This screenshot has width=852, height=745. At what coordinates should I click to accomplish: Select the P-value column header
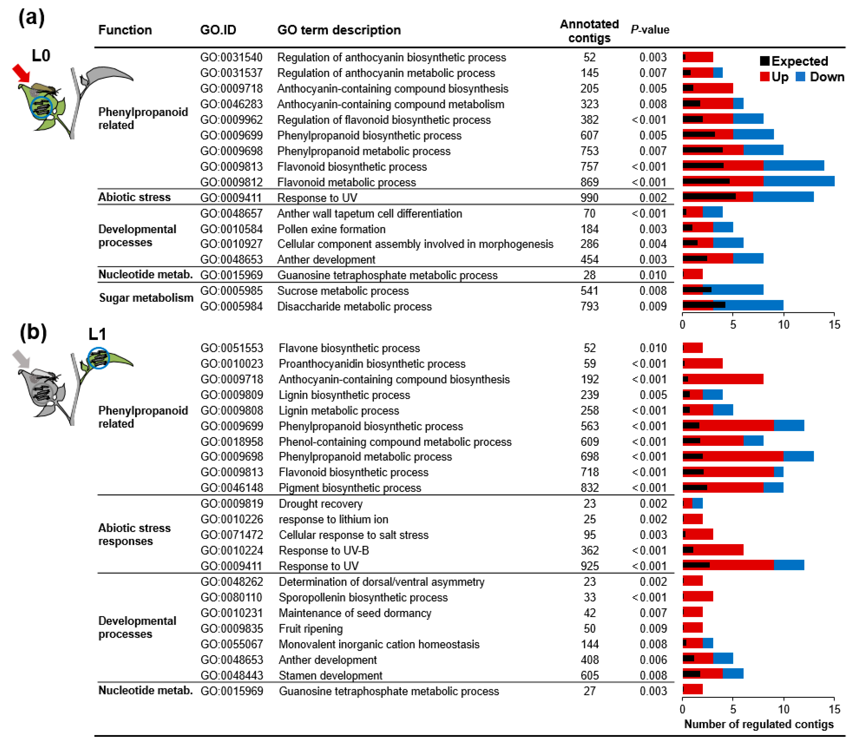click(650, 30)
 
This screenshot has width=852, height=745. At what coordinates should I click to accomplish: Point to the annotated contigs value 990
click(589, 198)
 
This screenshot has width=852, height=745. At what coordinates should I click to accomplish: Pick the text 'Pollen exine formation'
click(331, 229)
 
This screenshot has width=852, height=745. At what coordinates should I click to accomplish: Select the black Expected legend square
click(764, 61)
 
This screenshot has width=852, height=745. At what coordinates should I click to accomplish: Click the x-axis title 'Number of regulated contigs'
click(758, 724)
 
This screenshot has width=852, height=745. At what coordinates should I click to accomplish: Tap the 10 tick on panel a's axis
click(783, 325)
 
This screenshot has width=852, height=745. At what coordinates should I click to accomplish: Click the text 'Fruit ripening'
click(310, 628)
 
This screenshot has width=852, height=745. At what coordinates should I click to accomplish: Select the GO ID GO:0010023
click(231, 364)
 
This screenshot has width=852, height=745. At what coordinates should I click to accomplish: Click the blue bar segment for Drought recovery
click(697, 503)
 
